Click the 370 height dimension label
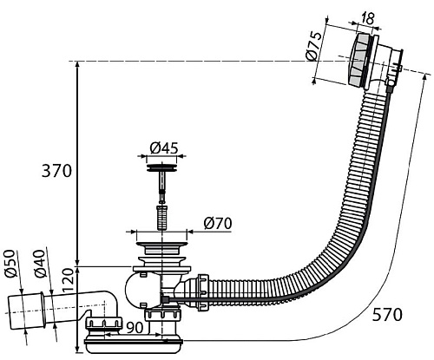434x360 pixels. point(56,171)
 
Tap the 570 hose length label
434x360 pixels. point(387,315)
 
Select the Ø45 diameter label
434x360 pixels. point(164,148)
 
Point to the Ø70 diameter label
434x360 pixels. point(218,223)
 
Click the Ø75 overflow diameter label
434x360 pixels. point(313,46)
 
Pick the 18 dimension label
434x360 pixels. point(367,19)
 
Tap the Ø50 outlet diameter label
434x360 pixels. point(10,264)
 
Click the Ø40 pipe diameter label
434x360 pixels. point(40,264)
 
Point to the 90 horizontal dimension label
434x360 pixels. point(135,328)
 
